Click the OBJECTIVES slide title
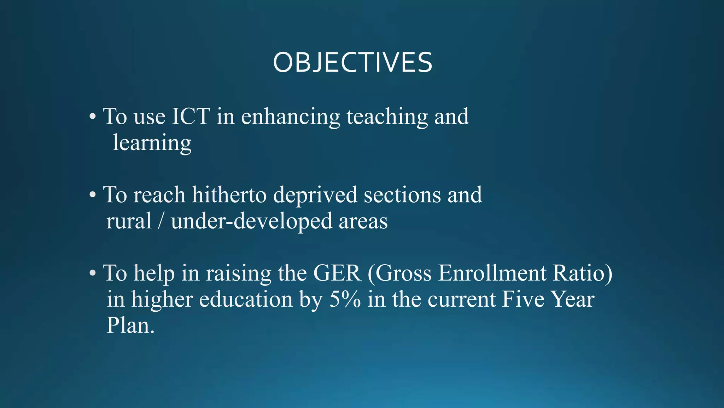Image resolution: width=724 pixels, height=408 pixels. click(352, 63)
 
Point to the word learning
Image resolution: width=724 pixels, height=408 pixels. click(152, 143)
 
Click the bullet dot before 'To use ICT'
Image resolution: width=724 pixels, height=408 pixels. click(93, 117)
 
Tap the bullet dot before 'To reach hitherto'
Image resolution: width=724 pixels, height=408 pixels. click(93, 195)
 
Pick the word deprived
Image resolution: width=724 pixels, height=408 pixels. click(315, 195)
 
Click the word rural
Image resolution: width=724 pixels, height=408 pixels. click(129, 221)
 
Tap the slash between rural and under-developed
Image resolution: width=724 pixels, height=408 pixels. click(161, 221)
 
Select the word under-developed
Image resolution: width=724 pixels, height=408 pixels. click(251, 222)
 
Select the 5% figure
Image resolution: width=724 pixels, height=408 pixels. click(345, 299)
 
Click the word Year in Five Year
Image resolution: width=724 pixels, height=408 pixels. click(573, 299)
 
